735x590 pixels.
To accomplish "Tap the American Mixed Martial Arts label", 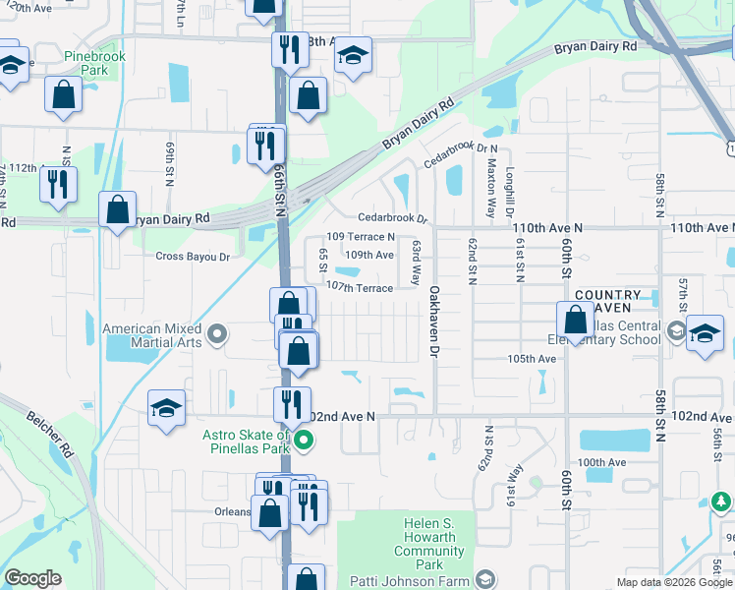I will [151, 335].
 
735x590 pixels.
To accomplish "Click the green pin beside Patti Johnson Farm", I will [483, 579].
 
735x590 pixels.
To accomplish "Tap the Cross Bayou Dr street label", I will [193, 257].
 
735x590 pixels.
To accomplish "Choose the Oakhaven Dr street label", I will [432, 321].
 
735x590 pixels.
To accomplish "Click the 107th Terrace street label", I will [359, 287].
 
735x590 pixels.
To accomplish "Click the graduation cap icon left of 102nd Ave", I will [166, 408].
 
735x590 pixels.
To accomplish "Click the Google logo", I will [32, 578].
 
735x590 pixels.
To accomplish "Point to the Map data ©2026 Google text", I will [674, 582].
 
